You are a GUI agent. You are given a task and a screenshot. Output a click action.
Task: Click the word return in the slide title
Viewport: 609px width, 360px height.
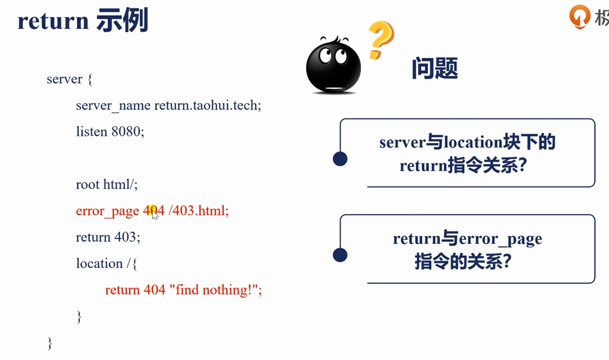[53, 21]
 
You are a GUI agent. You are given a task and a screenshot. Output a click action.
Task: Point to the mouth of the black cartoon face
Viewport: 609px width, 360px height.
[334, 88]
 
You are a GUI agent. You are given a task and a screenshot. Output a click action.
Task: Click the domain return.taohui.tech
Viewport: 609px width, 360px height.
[208, 105]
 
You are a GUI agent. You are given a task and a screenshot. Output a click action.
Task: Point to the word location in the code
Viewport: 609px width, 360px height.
[100, 263]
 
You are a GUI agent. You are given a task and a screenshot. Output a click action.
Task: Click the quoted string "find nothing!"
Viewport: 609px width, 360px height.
[214, 290]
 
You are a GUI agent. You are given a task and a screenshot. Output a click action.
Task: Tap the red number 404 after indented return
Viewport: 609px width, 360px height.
[155, 290]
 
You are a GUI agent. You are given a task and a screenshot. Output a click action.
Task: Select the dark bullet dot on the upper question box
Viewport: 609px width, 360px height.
[340, 159]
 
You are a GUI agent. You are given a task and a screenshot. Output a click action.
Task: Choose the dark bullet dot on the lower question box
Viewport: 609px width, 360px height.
[340, 255]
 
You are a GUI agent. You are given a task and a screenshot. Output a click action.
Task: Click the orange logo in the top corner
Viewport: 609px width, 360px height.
[580, 17]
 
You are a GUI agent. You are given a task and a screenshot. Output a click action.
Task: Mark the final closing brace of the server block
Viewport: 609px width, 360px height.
[50, 343]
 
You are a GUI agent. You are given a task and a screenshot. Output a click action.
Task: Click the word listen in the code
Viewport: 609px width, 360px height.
[92, 131]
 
